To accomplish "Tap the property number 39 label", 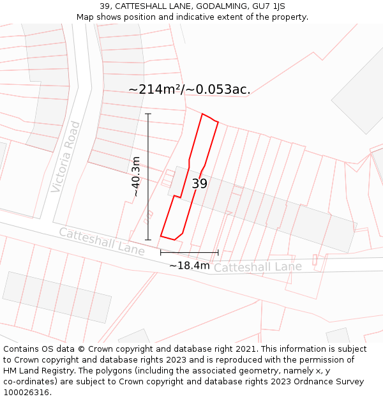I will click(x=199, y=184).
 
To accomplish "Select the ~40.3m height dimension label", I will click(x=135, y=176).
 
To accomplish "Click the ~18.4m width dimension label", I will click(x=189, y=265).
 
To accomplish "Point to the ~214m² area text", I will click(x=154, y=89).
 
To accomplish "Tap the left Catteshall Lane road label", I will click(x=102, y=241).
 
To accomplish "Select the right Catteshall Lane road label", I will click(x=257, y=267).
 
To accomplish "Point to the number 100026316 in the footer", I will click(x=27, y=392).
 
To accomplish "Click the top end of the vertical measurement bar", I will click(x=148, y=114).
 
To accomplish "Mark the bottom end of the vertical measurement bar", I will click(x=148, y=240).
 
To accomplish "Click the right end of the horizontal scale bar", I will click(x=218, y=252).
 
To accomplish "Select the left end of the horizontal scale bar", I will click(x=161, y=252).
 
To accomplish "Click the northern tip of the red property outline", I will click(x=202, y=114).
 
